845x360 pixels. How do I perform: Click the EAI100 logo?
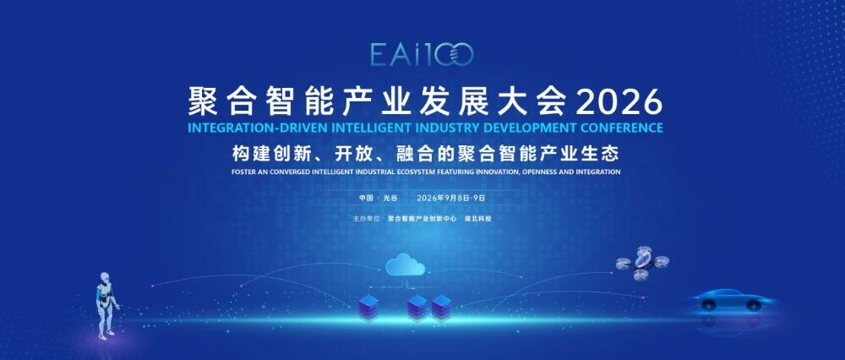pos(422,54)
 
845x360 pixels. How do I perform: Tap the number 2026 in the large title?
pos(619,101)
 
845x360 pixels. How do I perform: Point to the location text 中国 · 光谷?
pos(379,198)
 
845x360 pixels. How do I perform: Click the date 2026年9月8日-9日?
pos(451,198)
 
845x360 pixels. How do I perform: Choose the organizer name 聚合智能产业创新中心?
pos(422,219)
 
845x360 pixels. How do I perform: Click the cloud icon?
pos(405,265)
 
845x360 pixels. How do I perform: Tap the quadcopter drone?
pos(642,264)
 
